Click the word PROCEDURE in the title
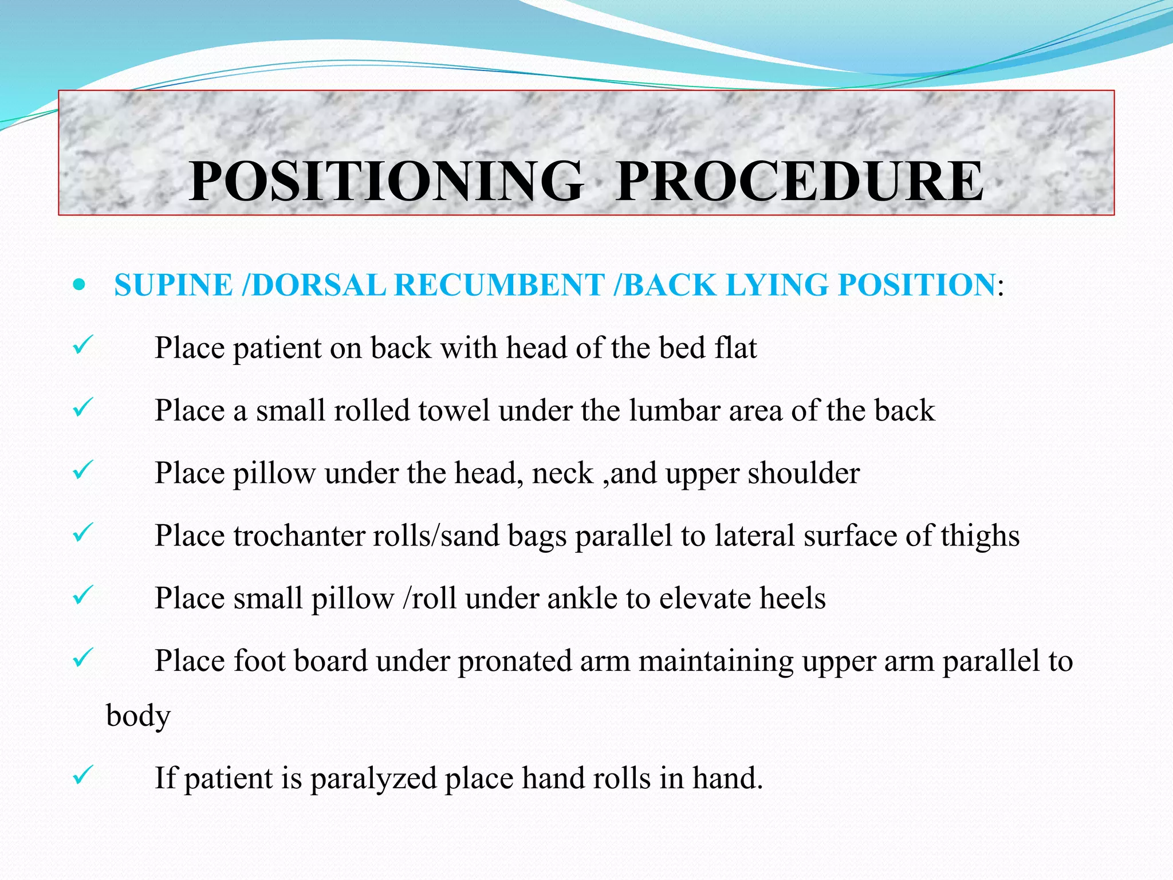click(x=800, y=182)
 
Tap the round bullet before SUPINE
click(x=80, y=285)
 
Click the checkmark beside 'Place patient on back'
click(x=82, y=346)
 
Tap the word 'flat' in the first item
click(x=736, y=348)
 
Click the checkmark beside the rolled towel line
click(x=82, y=408)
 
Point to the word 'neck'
click(x=562, y=473)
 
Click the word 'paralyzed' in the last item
click(x=373, y=779)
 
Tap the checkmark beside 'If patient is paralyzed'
click(x=82, y=776)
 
